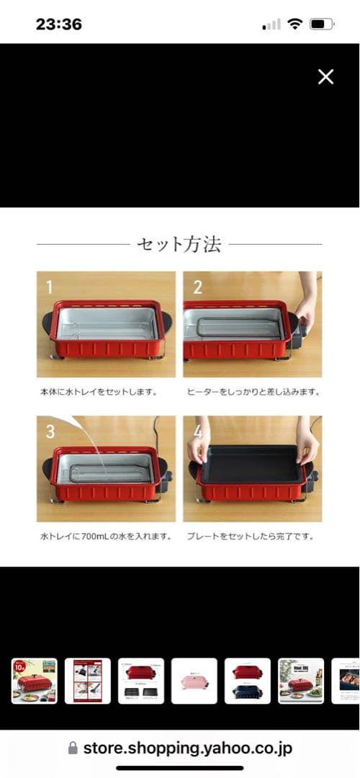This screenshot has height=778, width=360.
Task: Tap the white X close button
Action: (325, 77)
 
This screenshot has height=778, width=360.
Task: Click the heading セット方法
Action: (179, 245)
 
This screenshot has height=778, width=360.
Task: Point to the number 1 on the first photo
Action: (49, 287)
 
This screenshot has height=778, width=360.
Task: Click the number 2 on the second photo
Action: (197, 287)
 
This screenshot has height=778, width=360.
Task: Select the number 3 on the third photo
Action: (50, 432)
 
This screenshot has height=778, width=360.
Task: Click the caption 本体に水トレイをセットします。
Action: (99, 393)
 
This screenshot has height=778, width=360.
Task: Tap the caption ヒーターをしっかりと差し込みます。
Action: (253, 393)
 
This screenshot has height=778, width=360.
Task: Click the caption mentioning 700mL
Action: (105, 537)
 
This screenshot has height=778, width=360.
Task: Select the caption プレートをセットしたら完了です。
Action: (250, 537)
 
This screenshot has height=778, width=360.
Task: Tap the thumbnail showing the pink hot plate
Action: (194, 681)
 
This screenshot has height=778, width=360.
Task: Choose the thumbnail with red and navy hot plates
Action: (247, 681)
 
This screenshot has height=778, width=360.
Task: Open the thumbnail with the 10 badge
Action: (34, 681)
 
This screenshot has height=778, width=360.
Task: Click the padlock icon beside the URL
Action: (73, 748)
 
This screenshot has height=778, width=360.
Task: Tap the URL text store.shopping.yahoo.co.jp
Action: (188, 748)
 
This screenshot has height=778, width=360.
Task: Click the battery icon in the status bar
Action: (320, 24)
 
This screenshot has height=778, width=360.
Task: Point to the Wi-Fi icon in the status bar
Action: (294, 24)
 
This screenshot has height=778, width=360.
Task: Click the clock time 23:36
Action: (59, 24)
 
